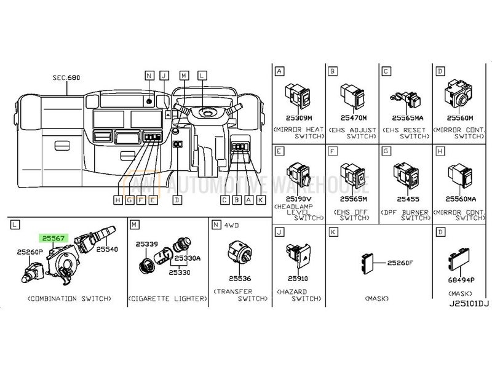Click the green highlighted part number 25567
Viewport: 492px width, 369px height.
[52, 237]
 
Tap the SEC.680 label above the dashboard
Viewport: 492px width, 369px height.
[66, 78]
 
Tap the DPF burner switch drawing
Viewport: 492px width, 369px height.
[408, 175]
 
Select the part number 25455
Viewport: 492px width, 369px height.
[407, 199]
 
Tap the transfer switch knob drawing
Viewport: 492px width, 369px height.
[237, 250]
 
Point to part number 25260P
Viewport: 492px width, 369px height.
[29, 252]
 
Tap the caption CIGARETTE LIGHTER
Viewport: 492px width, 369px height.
[167, 298]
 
